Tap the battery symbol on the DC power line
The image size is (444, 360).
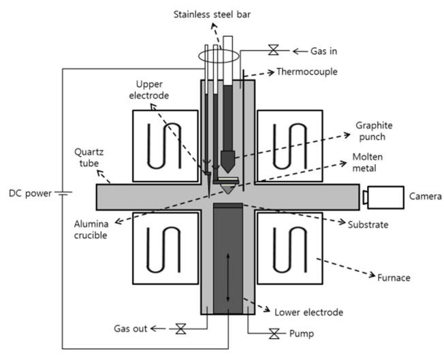coord(62,193)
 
